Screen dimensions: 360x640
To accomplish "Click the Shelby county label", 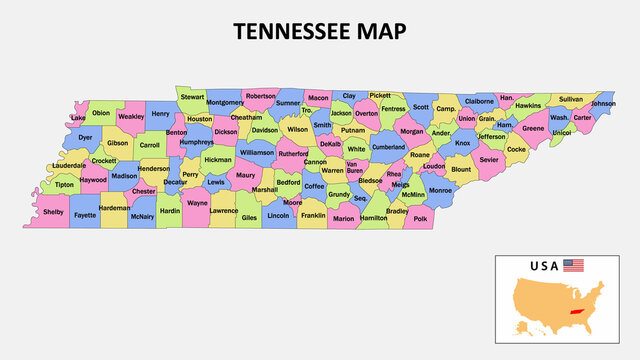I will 53,212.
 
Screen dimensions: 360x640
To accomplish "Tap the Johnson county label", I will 603,103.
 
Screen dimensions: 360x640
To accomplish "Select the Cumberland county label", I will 389,147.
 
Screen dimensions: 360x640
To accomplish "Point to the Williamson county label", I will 256,153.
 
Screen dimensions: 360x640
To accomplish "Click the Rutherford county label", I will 293,154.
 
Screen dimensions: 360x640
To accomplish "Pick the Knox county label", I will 462,143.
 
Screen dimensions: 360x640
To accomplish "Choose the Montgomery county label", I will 224,102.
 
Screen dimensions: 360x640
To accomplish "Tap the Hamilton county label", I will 373,217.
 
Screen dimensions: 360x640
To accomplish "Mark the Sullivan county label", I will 570,99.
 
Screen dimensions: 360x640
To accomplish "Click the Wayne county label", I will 197,203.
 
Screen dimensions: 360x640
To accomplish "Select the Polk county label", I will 420,218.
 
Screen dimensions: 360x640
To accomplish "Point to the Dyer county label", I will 85,137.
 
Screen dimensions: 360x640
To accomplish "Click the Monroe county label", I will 440,190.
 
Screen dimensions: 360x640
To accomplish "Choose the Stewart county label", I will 193,97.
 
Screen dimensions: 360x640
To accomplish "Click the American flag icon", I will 573,266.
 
